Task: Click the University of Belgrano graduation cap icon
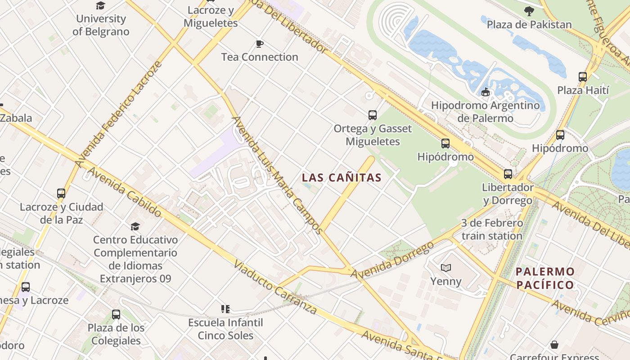click(100, 5)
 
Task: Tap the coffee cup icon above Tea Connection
click(260, 44)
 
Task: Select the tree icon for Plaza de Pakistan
click(529, 11)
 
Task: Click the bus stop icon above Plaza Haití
click(583, 77)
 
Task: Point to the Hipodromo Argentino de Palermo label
click(485, 112)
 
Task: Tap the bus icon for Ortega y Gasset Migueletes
click(373, 115)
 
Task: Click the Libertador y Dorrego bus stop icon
click(508, 174)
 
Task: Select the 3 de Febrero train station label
click(492, 229)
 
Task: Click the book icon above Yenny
click(446, 268)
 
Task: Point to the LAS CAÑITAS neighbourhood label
click(342, 178)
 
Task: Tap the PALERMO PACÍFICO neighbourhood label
click(545, 278)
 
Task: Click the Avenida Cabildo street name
click(124, 192)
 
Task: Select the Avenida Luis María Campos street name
click(277, 175)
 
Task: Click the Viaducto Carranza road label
click(275, 287)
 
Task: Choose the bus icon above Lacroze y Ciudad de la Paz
click(61, 193)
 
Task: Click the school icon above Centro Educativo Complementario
click(135, 226)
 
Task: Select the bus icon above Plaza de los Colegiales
click(116, 315)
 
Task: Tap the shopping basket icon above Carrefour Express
click(554, 345)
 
